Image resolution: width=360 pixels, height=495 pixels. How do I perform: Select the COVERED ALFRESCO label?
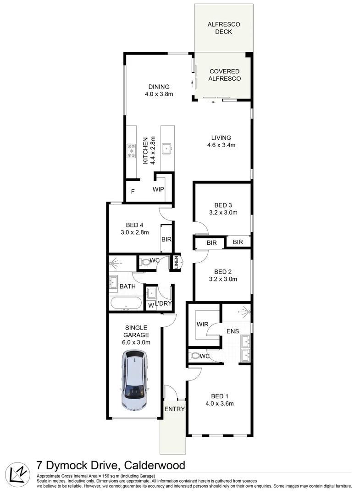click(224, 75)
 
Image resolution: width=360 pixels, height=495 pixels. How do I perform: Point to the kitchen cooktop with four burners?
click(131, 151)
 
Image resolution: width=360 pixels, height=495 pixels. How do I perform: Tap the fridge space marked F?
click(133, 192)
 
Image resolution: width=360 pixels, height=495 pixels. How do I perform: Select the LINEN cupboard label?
click(175, 263)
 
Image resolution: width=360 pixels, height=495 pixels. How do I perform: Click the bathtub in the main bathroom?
click(126, 303)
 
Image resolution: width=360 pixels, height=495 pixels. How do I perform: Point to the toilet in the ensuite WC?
click(195, 355)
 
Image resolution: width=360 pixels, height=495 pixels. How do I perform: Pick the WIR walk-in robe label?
click(202, 324)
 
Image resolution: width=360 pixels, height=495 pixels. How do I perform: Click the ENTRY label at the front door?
click(174, 409)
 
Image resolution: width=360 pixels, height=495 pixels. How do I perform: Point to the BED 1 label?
click(219, 396)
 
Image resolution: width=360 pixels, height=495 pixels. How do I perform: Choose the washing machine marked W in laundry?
click(150, 305)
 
